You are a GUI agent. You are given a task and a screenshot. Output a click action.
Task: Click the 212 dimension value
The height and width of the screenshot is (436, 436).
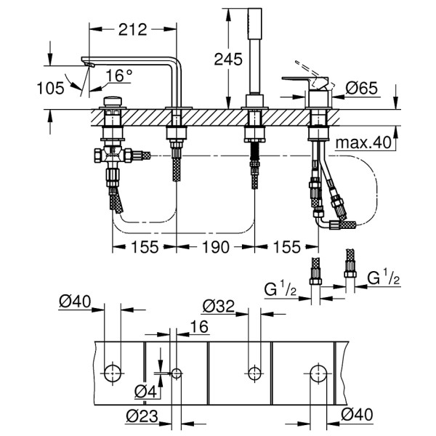(x=132, y=29)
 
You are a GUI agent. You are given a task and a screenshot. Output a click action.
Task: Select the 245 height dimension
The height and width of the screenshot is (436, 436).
(x=228, y=60)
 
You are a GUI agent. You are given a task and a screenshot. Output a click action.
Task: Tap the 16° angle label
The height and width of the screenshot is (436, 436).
(x=119, y=75)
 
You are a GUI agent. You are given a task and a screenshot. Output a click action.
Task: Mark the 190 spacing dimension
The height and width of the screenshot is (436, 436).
(x=215, y=247)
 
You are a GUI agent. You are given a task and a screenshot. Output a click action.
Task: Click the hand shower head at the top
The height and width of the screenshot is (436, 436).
(x=255, y=23)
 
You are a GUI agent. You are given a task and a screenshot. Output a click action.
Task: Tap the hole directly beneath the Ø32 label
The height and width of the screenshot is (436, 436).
(x=254, y=374)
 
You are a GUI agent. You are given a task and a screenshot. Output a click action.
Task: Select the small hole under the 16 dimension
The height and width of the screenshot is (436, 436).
(x=176, y=374)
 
